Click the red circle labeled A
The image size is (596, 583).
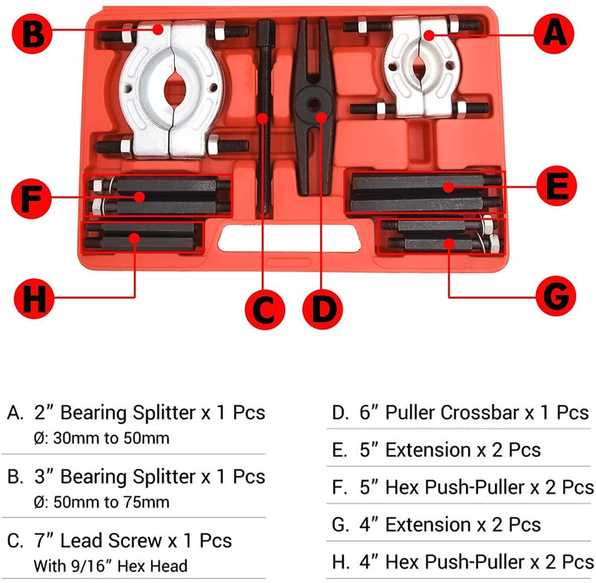554,33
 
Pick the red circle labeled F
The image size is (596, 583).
31,198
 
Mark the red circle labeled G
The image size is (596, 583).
555,296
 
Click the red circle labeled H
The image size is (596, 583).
34,298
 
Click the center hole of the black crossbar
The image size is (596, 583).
313,104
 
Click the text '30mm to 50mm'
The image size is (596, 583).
111,438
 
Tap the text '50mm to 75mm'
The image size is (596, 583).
111,502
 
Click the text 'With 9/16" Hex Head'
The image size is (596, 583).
110,566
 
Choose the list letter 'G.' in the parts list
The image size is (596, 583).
340,525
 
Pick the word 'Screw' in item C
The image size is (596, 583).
134,541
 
